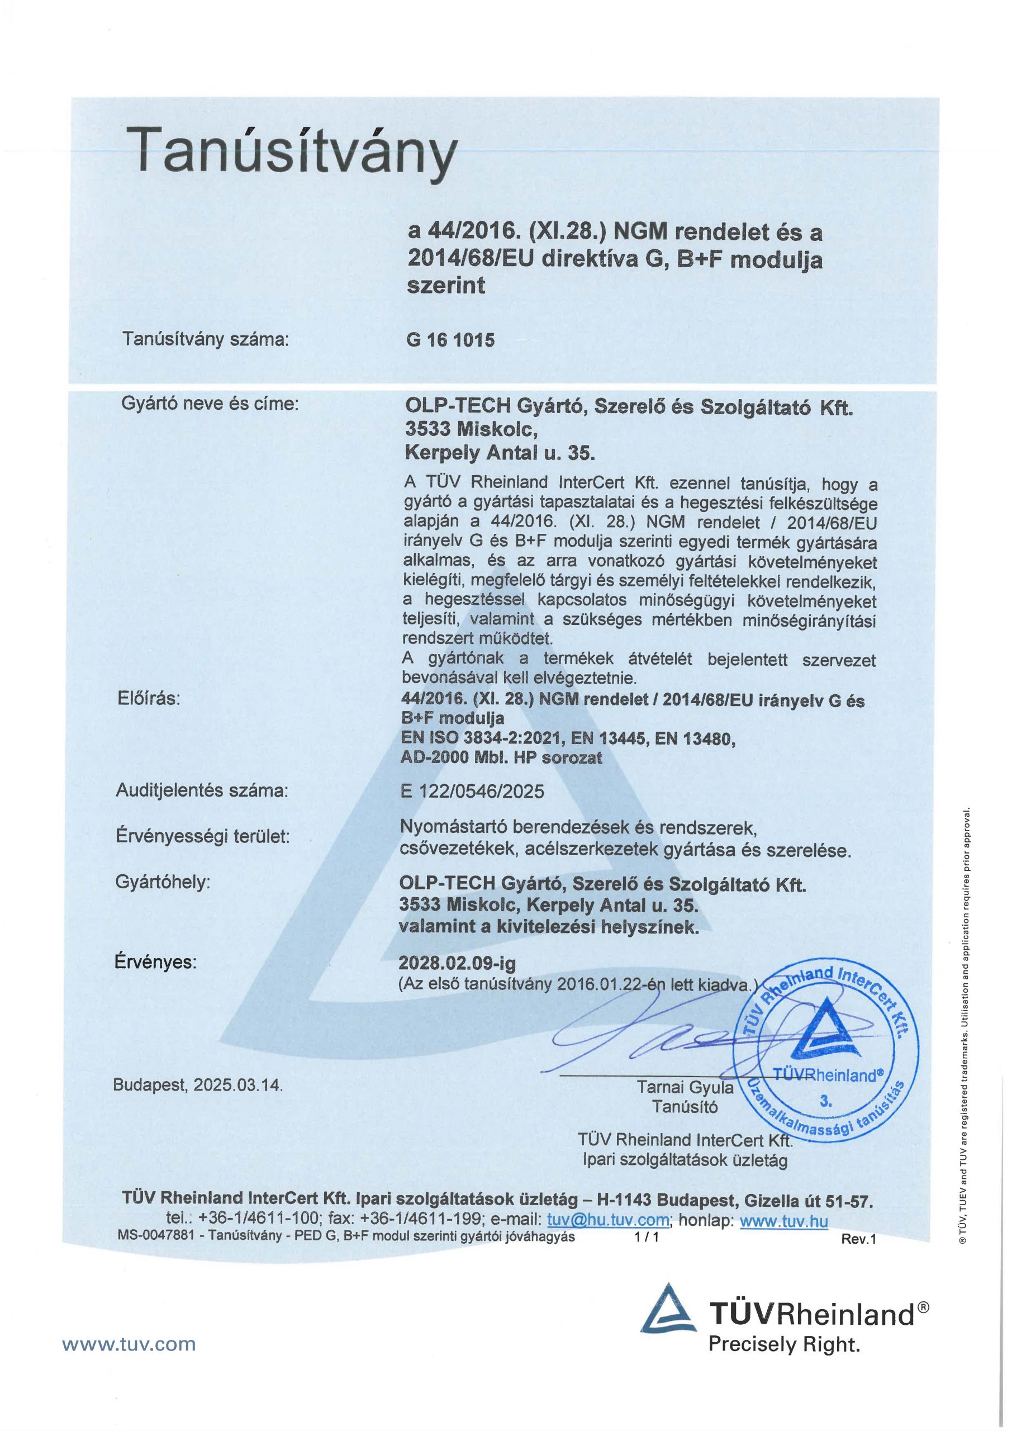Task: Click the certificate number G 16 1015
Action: pos(450,340)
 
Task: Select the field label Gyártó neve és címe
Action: pos(210,404)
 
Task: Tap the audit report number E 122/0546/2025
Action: pos(472,792)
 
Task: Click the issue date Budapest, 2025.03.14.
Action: pos(198,1085)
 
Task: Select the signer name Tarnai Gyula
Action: pos(685,1088)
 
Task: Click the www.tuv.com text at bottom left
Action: pos(129,1362)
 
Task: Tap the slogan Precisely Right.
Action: pos(784,1362)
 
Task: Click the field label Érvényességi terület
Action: pos(203,836)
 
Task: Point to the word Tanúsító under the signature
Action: pos(685,1107)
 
